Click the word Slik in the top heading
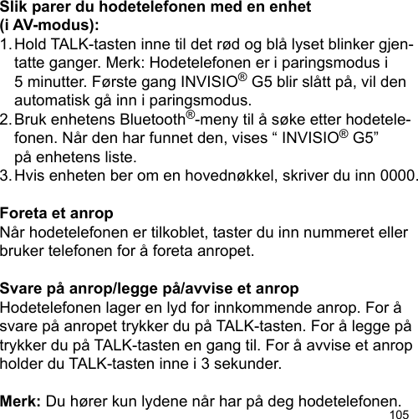click(17, 8)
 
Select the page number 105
click(402, 412)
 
